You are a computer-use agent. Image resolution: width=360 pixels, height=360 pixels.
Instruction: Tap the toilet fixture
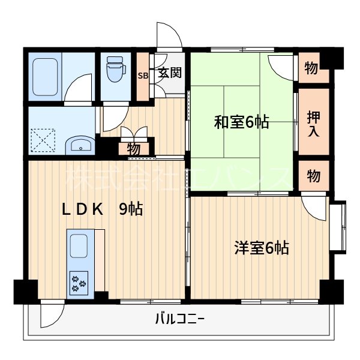click(x=114, y=71)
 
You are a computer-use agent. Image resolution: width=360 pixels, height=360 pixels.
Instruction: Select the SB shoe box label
click(x=143, y=76)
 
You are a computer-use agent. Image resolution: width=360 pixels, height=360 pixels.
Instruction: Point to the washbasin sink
click(x=78, y=145)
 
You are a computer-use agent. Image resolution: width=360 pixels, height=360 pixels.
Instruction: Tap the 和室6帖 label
click(x=241, y=122)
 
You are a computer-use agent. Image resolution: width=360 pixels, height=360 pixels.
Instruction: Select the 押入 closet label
click(x=313, y=122)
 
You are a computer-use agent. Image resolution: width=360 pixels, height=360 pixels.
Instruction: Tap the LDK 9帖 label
click(x=103, y=209)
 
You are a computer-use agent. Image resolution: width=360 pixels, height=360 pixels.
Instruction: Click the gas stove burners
click(x=79, y=281)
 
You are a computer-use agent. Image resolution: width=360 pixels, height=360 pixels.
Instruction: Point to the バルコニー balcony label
click(x=179, y=319)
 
